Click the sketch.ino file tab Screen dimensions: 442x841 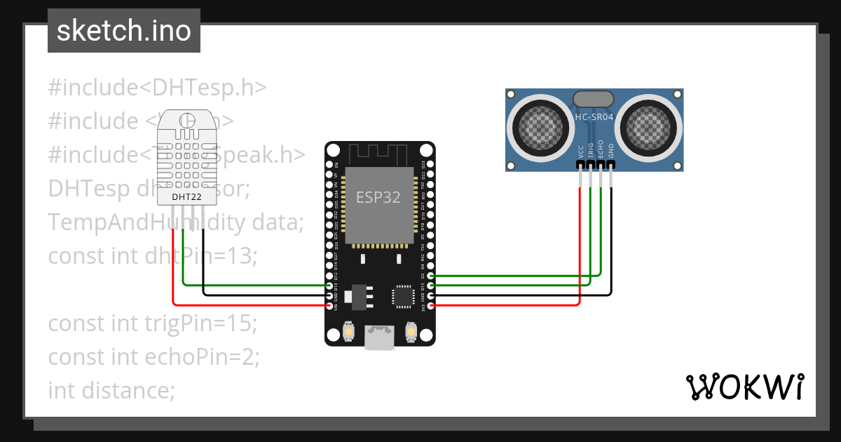click(x=124, y=32)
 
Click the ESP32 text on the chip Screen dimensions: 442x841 click(x=378, y=197)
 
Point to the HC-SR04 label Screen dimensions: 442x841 click(x=594, y=117)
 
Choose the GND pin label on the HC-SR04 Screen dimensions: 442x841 click(x=611, y=150)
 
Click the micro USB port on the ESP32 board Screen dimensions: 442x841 click(x=379, y=337)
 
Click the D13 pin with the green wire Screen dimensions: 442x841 click(x=329, y=286)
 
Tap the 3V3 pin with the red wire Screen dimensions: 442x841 click(x=430, y=306)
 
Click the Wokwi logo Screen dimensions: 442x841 click(x=744, y=387)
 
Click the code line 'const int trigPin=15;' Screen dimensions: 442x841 click(x=153, y=323)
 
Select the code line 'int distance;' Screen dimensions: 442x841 click(x=111, y=390)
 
